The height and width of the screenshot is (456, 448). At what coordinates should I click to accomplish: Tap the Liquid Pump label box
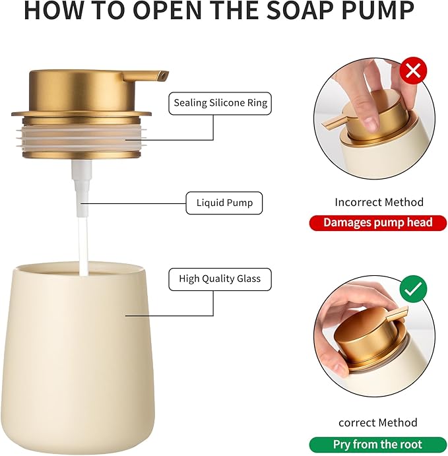pos(224,203)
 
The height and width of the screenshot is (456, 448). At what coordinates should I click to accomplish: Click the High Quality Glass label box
pos(220,278)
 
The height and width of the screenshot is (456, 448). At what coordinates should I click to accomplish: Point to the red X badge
pos(413,71)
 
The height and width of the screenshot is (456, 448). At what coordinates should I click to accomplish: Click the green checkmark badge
pos(413,288)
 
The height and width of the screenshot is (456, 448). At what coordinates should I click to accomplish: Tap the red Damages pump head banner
pos(378,222)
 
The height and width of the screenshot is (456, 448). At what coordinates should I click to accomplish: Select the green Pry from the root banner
pos(377,444)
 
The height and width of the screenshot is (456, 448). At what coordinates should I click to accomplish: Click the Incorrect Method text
pos(379,202)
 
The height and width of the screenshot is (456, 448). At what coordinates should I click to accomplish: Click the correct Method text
pos(378,422)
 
